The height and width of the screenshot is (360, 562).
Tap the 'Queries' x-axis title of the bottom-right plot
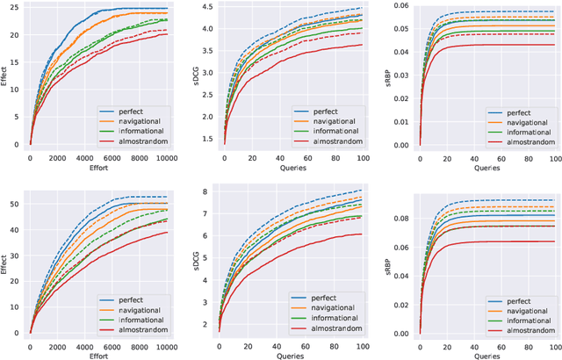click(482, 356)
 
